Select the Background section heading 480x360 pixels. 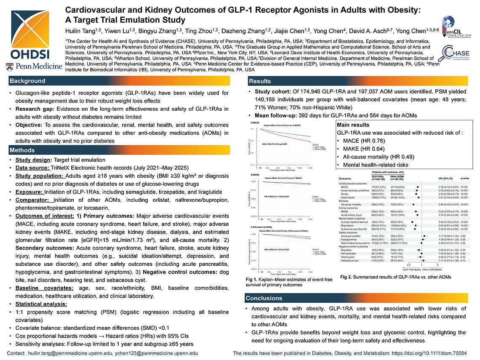(x=28, y=81)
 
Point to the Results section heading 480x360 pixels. (x=260, y=81)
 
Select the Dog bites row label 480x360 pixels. (x=348, y=251)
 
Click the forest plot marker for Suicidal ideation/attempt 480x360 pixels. (x=413, y=221)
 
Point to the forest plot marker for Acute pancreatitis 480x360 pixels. (x=425, y=236)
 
